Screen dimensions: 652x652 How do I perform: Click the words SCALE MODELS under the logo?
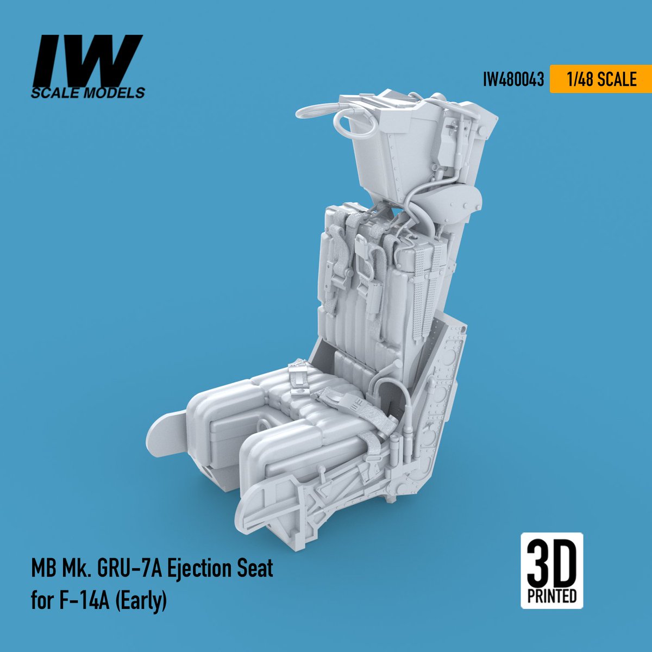click(88, 93)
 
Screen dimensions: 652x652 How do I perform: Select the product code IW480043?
click(513, 80)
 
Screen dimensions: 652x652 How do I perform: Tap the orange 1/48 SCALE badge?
click(600, 79)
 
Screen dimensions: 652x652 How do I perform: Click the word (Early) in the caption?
click(140, 602)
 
